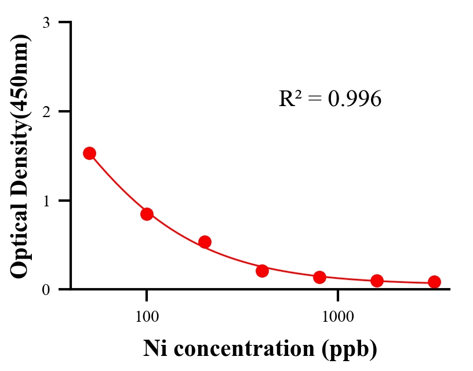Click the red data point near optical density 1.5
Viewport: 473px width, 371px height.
[89, 153]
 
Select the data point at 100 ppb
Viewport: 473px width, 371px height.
[147, 214]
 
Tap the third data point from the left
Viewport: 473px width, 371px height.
[205, 242]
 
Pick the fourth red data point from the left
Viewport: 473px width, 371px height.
[262, 271]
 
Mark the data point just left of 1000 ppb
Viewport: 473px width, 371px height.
[319, 277]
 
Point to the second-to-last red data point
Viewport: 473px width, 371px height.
[377, 281]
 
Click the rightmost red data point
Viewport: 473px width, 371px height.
[434, 282]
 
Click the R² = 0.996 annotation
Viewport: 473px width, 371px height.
[330, 99]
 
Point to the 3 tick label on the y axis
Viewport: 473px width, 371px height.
[46, 23]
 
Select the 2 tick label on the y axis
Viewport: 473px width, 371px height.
[46, 111]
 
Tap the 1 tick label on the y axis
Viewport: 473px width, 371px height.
[46, 201]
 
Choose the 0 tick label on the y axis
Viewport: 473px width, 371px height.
[46, 289]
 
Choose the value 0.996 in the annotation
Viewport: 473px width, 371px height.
[354, 99]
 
